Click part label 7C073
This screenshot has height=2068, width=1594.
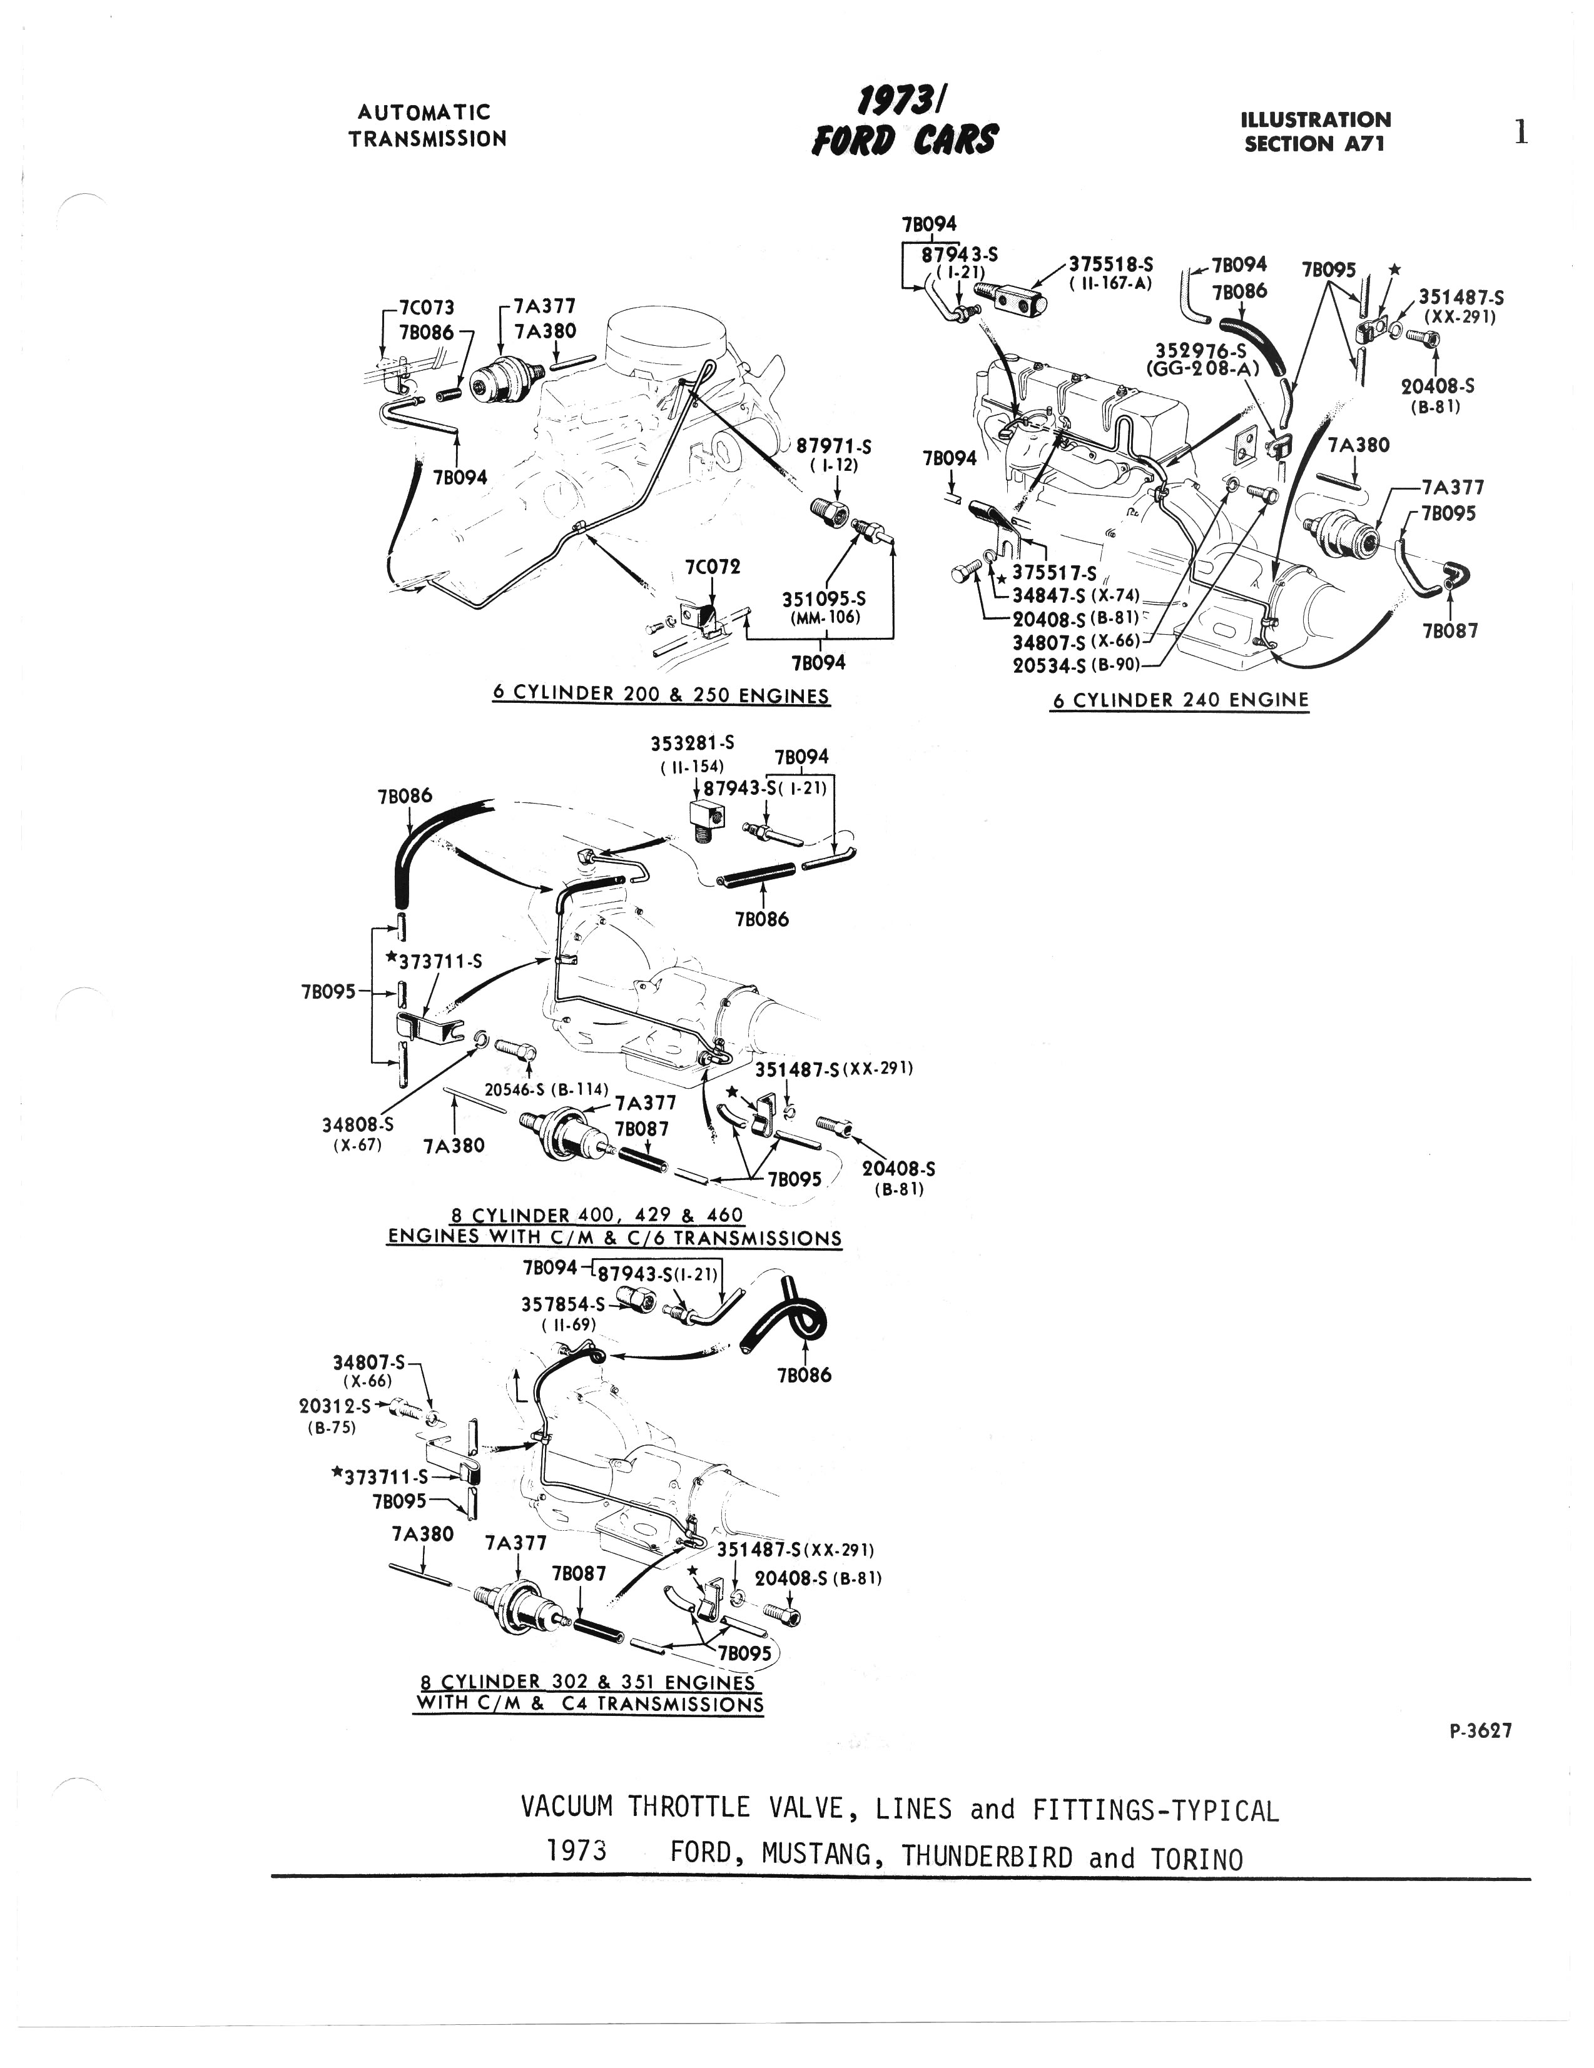coord(426,308)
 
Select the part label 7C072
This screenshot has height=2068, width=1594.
coord(713,567)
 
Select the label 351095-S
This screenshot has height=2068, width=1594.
coord(823,599)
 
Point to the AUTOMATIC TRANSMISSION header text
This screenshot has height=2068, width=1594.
coord(427,125)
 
